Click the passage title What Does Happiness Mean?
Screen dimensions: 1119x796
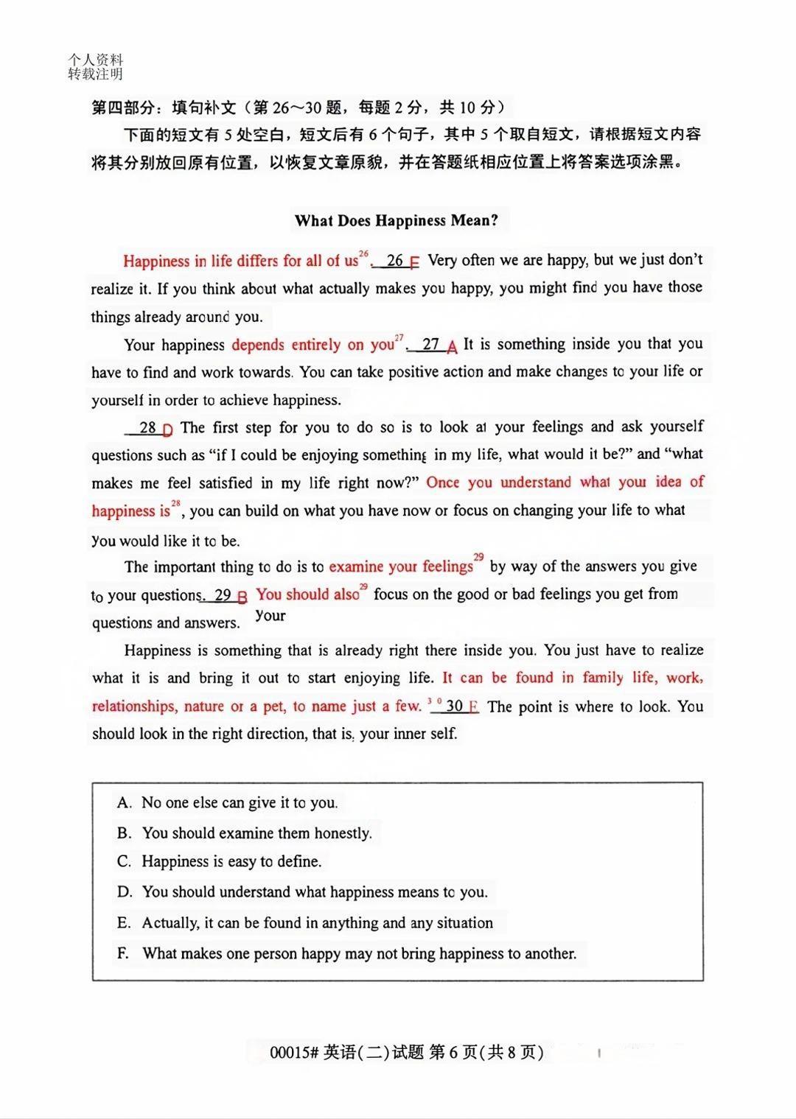click(396, 220)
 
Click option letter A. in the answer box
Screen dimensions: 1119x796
click(124, 802)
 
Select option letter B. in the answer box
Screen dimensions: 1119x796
click(124, 833)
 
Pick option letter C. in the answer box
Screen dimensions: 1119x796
click(124, 861)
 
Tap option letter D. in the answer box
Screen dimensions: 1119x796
click(125, 892)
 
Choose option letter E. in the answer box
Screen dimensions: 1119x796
click(124, 923)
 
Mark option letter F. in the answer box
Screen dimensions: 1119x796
click(123, 953)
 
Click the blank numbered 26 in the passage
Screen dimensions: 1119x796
click(396, 261)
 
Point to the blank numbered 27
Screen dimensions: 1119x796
click(432, 345)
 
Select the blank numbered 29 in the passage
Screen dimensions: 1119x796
click(223, 595)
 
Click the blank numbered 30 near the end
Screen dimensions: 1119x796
click(455, 706)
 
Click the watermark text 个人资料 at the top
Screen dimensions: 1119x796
click(95, 60)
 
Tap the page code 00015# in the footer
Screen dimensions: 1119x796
click(294, 1052)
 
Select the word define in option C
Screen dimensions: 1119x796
click(299, 861)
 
